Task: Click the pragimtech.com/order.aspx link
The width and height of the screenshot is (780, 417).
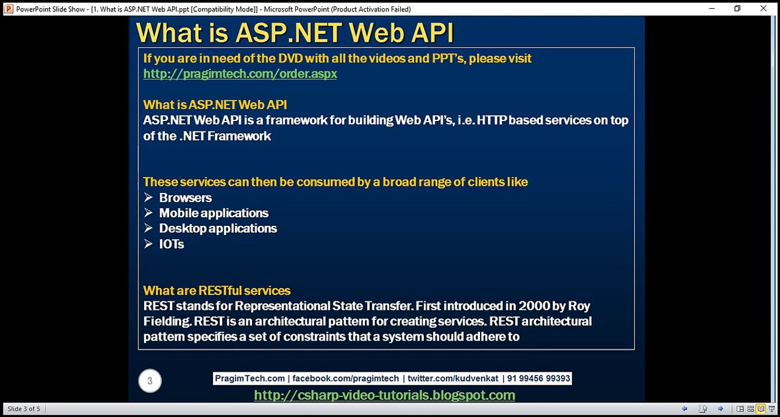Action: click(240, 74)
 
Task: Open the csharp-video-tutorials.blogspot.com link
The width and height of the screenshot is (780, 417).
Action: click(384, 396)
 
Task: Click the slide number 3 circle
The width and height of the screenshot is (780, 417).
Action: click(150, 381)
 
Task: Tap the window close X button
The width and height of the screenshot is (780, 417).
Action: click(763, 8)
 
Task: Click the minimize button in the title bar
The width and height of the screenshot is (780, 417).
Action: click(712, 8)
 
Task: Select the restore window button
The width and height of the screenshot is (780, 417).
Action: click(738, 8)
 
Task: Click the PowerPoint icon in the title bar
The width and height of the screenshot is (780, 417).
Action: click(9, 9)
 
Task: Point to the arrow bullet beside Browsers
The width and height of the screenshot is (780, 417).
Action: click(148, 197)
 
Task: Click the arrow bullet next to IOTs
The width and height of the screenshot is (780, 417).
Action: click(148, 244)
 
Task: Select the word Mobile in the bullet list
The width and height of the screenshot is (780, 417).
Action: click(178, 213)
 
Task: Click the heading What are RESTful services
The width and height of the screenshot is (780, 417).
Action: click(217, 291)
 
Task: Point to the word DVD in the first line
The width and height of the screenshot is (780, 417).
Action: click(291, 58)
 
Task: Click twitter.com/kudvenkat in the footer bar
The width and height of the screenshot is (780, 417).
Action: click(453, 379)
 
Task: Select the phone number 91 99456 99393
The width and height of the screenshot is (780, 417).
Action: click(539, 379)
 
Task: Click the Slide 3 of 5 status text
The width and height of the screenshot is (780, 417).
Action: click(24, 409)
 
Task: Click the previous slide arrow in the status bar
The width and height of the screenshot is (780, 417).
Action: click(684, 409)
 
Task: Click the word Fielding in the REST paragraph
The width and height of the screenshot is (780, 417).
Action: click(167, 321)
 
